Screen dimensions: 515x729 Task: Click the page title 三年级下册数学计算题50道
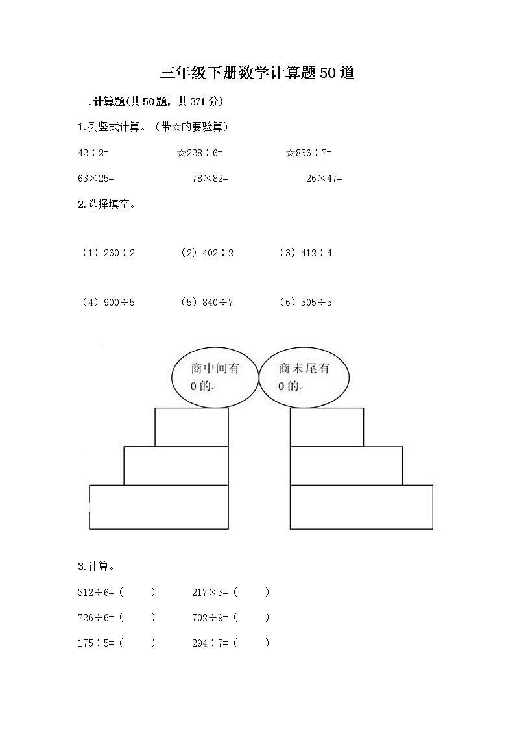click(x=257, y=73)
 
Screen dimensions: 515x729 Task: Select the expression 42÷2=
click(x=93, y=153)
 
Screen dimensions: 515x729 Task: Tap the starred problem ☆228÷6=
click(x=200, y=153)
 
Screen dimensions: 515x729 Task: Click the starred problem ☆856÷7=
click(x=309, y=153)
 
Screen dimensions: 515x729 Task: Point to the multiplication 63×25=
click(x=95, y=178)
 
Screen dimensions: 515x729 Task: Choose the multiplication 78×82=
click(x=210, y=178)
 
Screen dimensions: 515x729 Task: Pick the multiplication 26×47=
click(x=324, y=178)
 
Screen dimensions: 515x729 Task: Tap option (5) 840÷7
click(x=207, y=302)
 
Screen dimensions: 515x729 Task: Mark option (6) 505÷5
click(x=305, y=302)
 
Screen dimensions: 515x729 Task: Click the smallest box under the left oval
click(x=191, y=427)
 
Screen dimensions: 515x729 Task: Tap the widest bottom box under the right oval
click(x=361, y=506)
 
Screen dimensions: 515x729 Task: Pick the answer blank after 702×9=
click(x=251, y=617)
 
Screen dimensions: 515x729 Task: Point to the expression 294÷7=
click(x=210, y=643)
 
